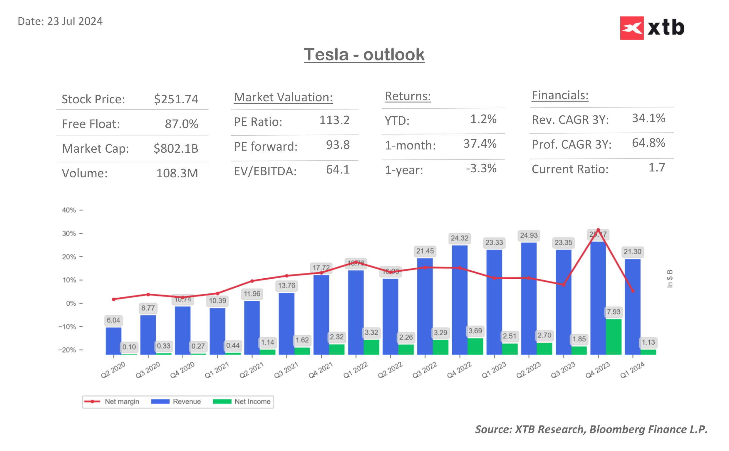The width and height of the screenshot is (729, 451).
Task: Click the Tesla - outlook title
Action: [x=364, y=55]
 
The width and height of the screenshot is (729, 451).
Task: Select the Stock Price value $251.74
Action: [x=176, y=99]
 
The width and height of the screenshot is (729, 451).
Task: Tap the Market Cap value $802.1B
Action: [x=176, y=148]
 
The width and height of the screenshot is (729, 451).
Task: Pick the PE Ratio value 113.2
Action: [x=334, y=120]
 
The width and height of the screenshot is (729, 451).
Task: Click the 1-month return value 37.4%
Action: [x=480, y=144]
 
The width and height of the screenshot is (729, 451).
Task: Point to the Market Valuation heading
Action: [x=283, y=97]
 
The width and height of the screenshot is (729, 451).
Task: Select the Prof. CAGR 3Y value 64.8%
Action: [x=648, y=143]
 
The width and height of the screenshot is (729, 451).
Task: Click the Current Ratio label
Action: [x=570, y=169]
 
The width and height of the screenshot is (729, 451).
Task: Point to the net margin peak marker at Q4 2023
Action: [x=598, y=230]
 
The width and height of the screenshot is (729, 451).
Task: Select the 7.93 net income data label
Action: [x=614, y=312]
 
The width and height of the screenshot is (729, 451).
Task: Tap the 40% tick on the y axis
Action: [x=69, y=210]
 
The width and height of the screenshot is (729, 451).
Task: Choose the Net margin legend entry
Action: [x=112, y=401]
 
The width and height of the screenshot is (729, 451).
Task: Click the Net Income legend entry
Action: [x=242, y=401]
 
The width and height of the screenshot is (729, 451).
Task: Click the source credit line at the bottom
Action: [x=591, y=429]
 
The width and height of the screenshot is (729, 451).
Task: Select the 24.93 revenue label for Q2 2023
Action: [x=529, y=235]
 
